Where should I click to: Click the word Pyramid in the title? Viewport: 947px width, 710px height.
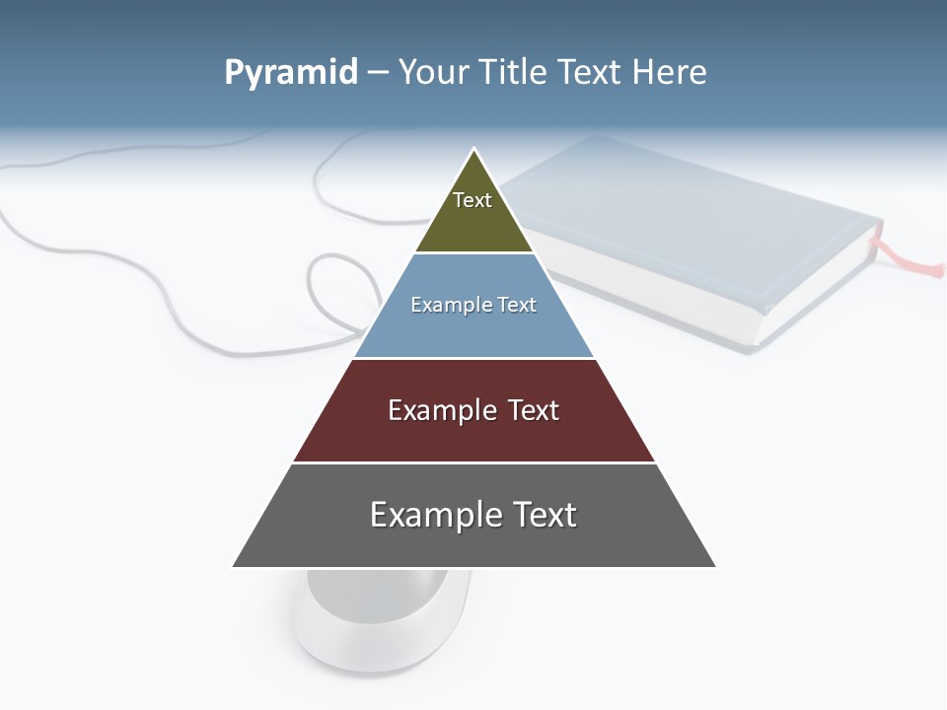(291, 72)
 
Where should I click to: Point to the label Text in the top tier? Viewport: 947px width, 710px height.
(473, 200)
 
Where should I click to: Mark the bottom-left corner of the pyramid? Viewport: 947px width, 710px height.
(233, 567)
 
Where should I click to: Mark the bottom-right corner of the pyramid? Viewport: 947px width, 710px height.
(716, 567)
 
